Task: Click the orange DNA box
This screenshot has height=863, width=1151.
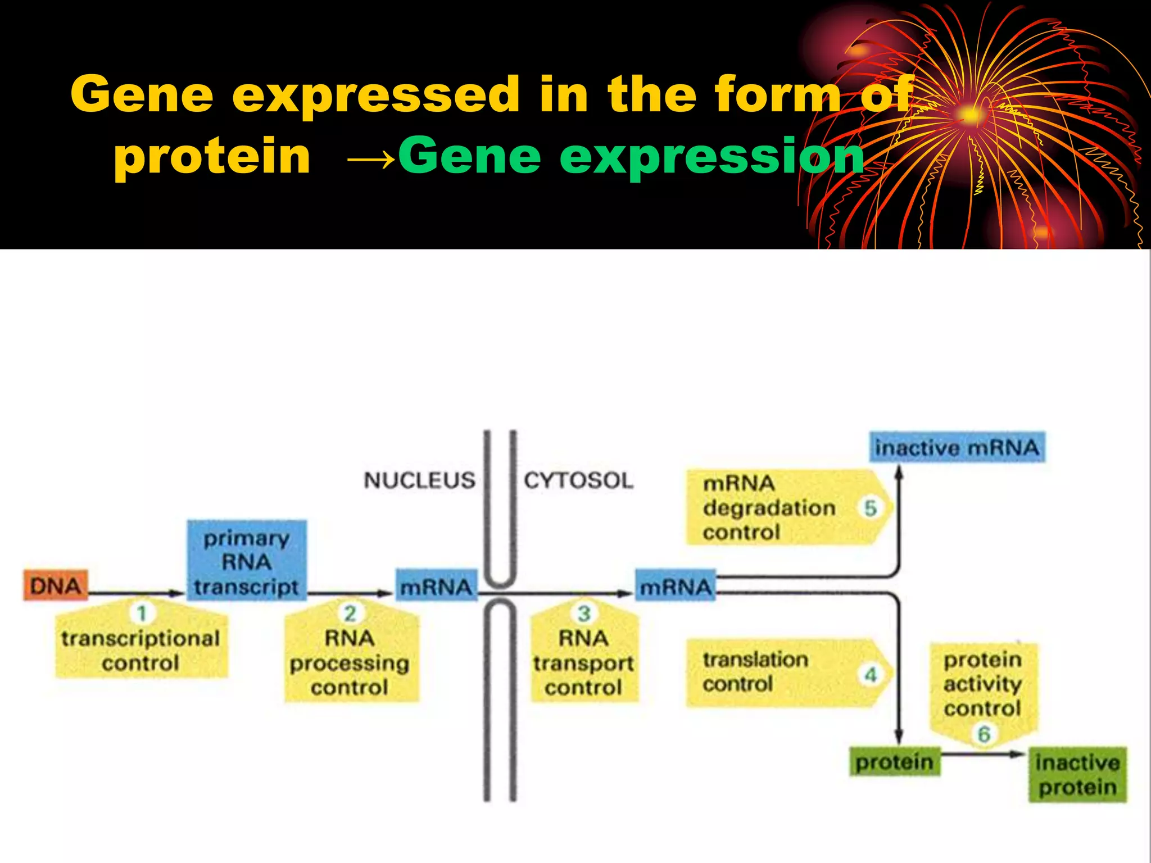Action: click(55, 585)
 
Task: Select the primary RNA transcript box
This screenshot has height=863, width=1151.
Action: click(247, 561)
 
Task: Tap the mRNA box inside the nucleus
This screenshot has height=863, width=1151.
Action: click(436, 587)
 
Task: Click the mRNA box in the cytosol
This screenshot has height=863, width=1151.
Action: click(676, 587)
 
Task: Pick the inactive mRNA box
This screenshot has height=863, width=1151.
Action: click(957, 447)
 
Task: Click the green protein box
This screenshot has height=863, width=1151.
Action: click(894, 762)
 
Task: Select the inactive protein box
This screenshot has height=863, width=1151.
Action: click(1077, 774)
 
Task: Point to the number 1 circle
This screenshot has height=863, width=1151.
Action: click(142, 612)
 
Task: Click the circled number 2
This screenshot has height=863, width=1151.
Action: click(350, 613)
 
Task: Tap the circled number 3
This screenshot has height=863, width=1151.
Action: click(584, 613)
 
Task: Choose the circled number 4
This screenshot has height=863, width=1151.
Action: click(871, 674)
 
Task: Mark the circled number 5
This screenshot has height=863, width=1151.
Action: click(870, 508)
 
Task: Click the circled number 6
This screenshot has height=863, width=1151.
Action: click(984, 734)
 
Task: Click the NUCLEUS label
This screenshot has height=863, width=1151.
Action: click(419, 480)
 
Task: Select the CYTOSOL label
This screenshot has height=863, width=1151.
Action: click(578, 480)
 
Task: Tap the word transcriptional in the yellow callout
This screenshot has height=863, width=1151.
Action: click(141, 638)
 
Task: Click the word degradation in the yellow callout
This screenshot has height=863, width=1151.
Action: click(769, 508)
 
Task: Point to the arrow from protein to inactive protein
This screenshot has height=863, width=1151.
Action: click(984, 755)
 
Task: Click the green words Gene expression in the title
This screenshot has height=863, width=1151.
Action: click(631, 156)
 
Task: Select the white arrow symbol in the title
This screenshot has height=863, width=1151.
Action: click(371, 160)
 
